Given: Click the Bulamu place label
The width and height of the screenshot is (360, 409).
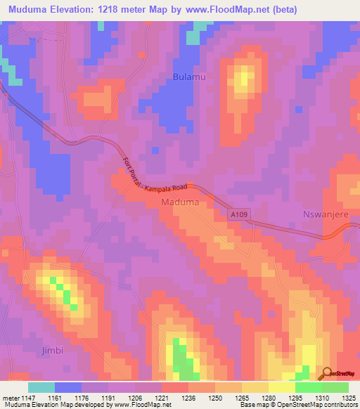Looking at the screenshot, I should pyautogui.click(x=189, y=77).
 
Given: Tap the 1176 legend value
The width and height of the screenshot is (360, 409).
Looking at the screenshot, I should pyautogui.click(x=89, y=398).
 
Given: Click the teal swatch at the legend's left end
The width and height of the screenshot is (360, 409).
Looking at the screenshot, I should pyautogui.click(x=41, y=387).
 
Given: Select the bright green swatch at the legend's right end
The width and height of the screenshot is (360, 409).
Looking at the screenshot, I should pyautogui.click(x=335, y=387).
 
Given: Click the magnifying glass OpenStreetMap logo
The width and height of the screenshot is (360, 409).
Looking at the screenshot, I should pyautogui.click(x=326, y=374).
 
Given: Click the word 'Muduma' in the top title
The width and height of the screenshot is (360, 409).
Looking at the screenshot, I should pyautogui.click(x=30, y=10).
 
